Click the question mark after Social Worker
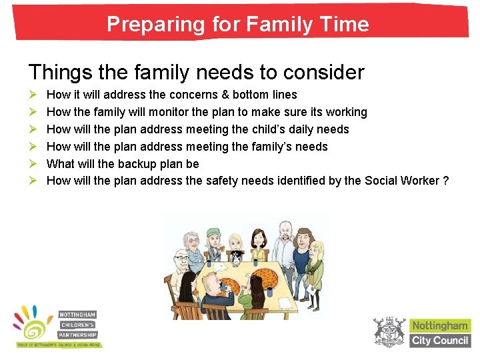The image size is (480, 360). (446, 181)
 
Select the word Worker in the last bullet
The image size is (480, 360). (419, 181)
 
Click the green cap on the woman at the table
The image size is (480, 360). (213, 231)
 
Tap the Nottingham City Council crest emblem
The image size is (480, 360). (388, 332)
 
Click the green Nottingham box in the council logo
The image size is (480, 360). (439, 326)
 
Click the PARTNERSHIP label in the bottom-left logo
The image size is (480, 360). (79, 335)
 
